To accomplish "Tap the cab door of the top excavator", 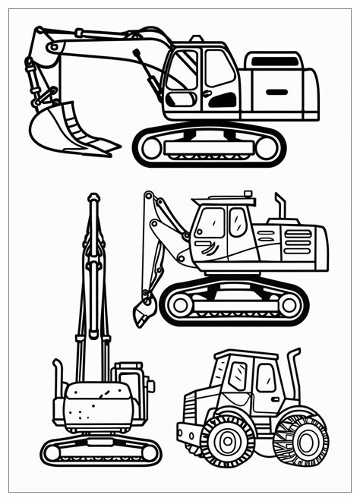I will (x=220, y=80).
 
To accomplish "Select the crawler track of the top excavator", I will (x=210, y=144).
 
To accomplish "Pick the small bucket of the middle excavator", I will (x=144, y=310).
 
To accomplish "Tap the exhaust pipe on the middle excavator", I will (x=279, y=206).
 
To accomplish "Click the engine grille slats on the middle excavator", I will (x=300, y=241).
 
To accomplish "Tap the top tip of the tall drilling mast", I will (x=93, y=198).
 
